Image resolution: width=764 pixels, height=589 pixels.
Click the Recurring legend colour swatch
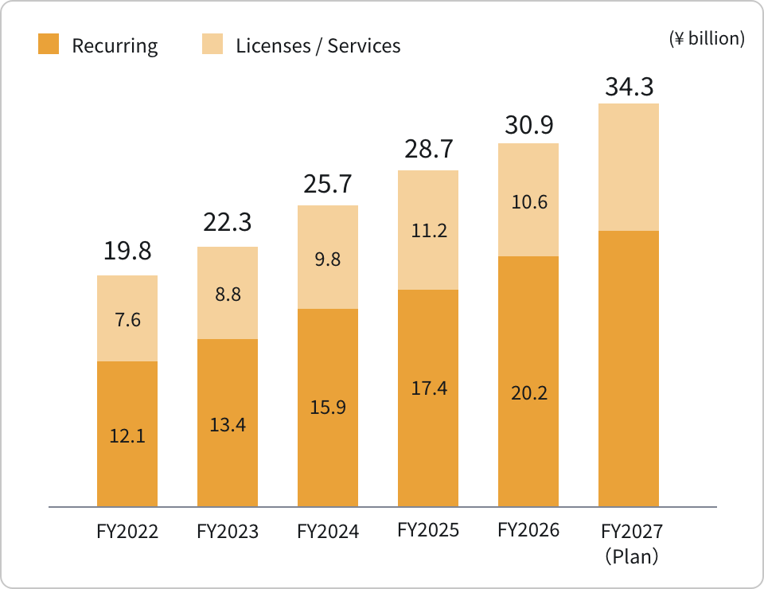(49, 44)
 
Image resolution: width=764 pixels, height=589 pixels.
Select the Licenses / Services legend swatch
(212, 44)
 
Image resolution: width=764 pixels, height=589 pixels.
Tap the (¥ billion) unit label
(707, 38)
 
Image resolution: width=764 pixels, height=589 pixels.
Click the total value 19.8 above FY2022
(127, 251)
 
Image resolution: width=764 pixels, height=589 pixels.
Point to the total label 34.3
(629, 87)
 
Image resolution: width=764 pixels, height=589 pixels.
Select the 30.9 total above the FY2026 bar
(528, 125)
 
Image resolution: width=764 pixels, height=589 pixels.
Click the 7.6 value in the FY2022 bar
(127, 320)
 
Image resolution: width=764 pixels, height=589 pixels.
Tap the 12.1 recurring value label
(127, 435)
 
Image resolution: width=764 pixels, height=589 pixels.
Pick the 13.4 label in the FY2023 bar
(228, 425)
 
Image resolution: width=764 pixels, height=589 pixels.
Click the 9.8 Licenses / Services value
(327, 259)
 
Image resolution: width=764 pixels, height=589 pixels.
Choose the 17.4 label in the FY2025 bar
(429, 388)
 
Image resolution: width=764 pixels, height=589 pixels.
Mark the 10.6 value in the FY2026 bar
(529, 201)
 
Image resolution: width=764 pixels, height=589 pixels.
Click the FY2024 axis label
(328, 531)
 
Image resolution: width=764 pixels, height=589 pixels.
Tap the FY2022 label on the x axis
(127, 531)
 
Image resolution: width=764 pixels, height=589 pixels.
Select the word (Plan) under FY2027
(631, 556)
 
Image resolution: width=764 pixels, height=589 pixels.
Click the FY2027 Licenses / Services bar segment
(629, 167)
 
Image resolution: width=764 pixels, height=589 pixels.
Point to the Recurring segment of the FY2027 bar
(629, 369)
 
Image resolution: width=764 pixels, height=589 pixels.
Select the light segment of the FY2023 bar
(228, 293)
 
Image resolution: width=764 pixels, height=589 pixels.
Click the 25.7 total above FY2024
(327, 184)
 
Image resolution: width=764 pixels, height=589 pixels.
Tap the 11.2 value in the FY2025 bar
(429, 231)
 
